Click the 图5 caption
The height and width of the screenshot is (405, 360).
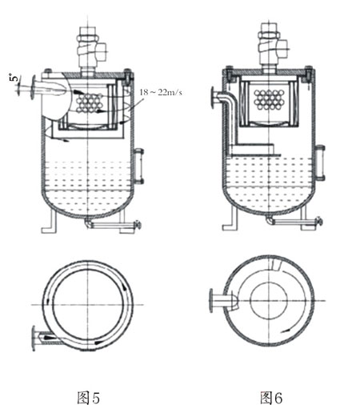pyautogui.click(x=87, y=395)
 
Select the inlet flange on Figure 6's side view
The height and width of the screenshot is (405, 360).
pyautogui.click(x=210, y=101)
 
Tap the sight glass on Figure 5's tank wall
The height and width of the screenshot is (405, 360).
pyautogui.click(x=138, y=164)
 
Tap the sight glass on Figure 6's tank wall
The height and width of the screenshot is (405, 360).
pyautogui.click(x=321, y=162)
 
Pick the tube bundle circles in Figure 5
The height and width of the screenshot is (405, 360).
pyautogui.click(x=87, y=102)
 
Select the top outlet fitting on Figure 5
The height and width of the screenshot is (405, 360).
pyautogui.click(x=86, y=47)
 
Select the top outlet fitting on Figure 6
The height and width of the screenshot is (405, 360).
pyautogui.click(x=270, y=47)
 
